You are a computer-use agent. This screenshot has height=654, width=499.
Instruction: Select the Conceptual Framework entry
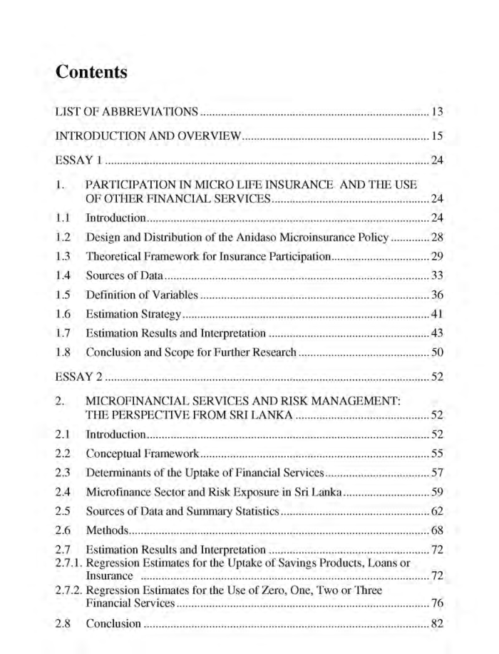point(142,454)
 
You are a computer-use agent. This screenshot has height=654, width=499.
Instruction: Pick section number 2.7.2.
point(69,591)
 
